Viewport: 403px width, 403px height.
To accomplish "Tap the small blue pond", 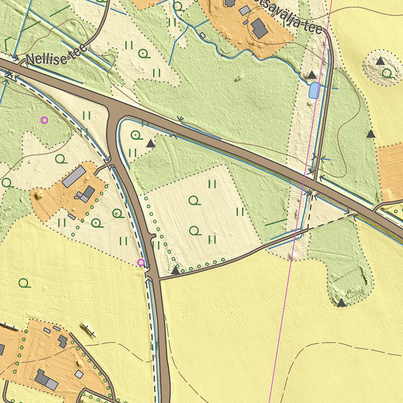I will tap(314, 91).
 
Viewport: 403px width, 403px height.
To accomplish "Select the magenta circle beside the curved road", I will tap(140, 262).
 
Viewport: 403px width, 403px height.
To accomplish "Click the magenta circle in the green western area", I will tap(44, 120).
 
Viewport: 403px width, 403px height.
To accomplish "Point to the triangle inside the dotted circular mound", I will tap(380, 61).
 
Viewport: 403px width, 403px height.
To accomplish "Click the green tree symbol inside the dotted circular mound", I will tap(387, 73).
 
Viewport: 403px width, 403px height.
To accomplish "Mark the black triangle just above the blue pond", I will tap(311, 75).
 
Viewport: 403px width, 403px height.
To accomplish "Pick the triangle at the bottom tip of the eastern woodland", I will tap(341, 303).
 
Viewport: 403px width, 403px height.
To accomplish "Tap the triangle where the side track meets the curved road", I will tap(175, 270).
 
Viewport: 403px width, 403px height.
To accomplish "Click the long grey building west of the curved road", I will tap(74, 176).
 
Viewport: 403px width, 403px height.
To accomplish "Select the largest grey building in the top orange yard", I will tap(259, 28).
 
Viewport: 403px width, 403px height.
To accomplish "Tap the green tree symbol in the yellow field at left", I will tap(24, 283).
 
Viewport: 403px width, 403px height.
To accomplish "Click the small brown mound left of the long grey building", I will tap(39, 195).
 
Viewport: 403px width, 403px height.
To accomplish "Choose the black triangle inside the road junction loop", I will tap(150, 144).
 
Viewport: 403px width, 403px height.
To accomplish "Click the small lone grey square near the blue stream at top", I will tap(203, 35).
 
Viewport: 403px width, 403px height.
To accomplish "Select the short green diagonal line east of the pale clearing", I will tap(275, 223).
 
